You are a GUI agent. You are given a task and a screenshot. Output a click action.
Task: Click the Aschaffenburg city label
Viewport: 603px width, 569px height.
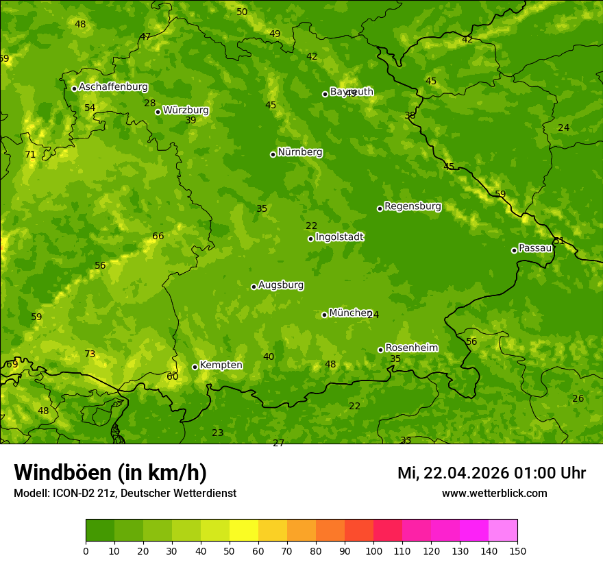[x=113, y=87]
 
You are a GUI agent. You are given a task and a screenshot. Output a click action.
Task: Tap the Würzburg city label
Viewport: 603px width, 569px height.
[x=186, y=110]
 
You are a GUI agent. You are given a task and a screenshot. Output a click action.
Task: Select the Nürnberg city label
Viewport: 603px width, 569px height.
[x=300, y=152]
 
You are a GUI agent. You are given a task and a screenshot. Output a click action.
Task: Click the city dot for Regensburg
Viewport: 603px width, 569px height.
[x=380, y=208]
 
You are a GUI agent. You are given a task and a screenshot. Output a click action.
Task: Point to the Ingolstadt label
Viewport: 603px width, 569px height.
[x=339, y=237]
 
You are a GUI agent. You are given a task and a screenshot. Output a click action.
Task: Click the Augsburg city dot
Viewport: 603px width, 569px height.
[x=254, y=287]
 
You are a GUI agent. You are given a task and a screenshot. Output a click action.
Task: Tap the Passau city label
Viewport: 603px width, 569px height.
[x=535, y=248]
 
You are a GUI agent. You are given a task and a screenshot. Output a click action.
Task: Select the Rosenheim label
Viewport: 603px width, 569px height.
[x=411, y=348]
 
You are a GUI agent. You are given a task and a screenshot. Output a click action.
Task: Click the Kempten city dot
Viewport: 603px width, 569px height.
[x=195, y=367]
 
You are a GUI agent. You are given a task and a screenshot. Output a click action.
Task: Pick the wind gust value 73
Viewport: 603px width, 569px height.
[x=90, y=354]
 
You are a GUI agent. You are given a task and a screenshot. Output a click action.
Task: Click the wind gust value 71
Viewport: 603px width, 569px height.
[x=30, y=155]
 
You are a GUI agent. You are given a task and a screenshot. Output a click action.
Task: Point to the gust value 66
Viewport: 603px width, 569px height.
[x=158, y=237]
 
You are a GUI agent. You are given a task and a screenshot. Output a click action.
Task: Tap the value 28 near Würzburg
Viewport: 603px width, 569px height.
[x=149, y=104]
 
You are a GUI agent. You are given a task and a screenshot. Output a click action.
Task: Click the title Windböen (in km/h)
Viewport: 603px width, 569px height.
[x=110, y=472]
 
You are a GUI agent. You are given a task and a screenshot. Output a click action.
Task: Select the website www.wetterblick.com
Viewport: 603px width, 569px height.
[x=494, y=493]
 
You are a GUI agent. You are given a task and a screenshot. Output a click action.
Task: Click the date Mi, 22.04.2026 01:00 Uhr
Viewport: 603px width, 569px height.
[x=491, y=473]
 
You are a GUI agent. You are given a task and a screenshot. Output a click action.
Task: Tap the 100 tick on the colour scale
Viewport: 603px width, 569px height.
[x=373, y=550]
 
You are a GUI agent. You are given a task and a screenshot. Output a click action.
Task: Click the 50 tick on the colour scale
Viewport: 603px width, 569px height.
[x=230, y=550]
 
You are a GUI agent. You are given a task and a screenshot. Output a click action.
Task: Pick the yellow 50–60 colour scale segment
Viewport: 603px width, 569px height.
[x=244, y=531]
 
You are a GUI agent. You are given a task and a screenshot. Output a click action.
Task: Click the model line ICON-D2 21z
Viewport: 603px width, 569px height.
[x=125, y=493]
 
